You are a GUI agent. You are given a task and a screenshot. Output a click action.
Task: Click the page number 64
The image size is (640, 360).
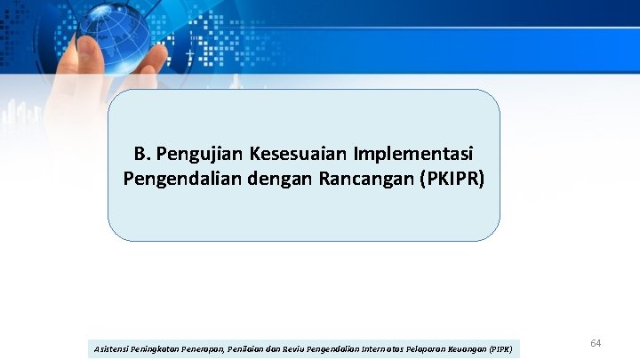[596, 342]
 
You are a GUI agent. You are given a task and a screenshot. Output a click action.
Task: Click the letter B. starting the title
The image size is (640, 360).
[143, 152]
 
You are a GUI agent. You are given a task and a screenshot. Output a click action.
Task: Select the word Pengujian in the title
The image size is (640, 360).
[196, 152]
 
